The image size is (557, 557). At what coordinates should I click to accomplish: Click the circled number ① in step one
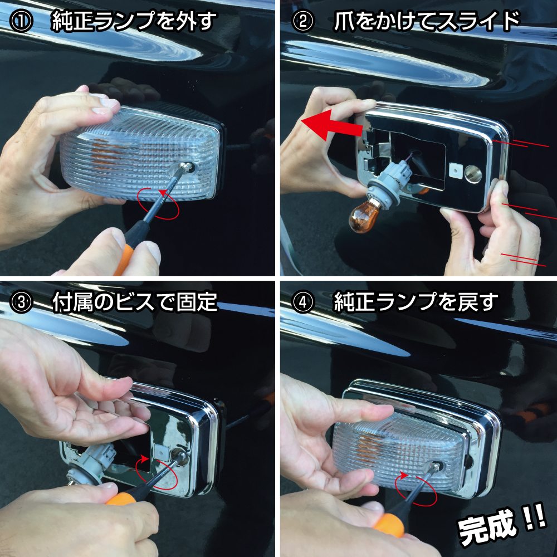pos(21,21)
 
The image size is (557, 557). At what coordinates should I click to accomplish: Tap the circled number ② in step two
pos(303,21)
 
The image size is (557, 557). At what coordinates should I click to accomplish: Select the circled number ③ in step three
pos(21,302)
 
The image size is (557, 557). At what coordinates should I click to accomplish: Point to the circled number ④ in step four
pos(303,302)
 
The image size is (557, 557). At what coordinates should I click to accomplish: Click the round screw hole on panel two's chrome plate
pos(473,174)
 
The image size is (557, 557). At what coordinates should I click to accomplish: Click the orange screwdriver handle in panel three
pos(121,499)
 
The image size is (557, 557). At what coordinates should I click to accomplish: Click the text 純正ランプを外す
pos(134,21)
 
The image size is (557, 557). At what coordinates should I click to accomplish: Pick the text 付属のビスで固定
pos(135,302)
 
